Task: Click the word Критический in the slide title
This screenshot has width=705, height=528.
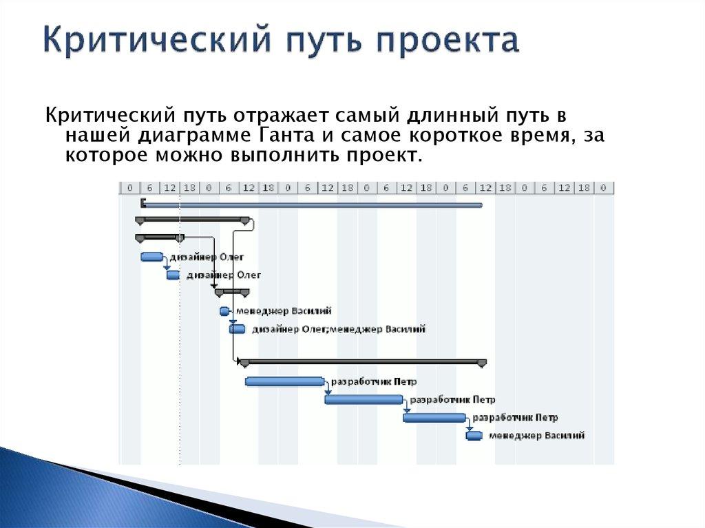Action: click(x=147, y=41)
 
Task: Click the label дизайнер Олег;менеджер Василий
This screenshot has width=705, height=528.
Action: click(x=338, y=329)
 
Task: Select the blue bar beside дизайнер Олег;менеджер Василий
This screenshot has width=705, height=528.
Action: click(x=237, y=329)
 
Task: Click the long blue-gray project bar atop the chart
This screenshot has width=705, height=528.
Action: click(x=312, y=204)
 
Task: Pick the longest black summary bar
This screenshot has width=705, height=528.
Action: click(x=362, y=361)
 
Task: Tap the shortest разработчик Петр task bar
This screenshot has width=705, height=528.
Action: click(x=434, y=417)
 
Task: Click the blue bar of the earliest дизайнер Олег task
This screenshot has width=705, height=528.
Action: click(x=151, y=257)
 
